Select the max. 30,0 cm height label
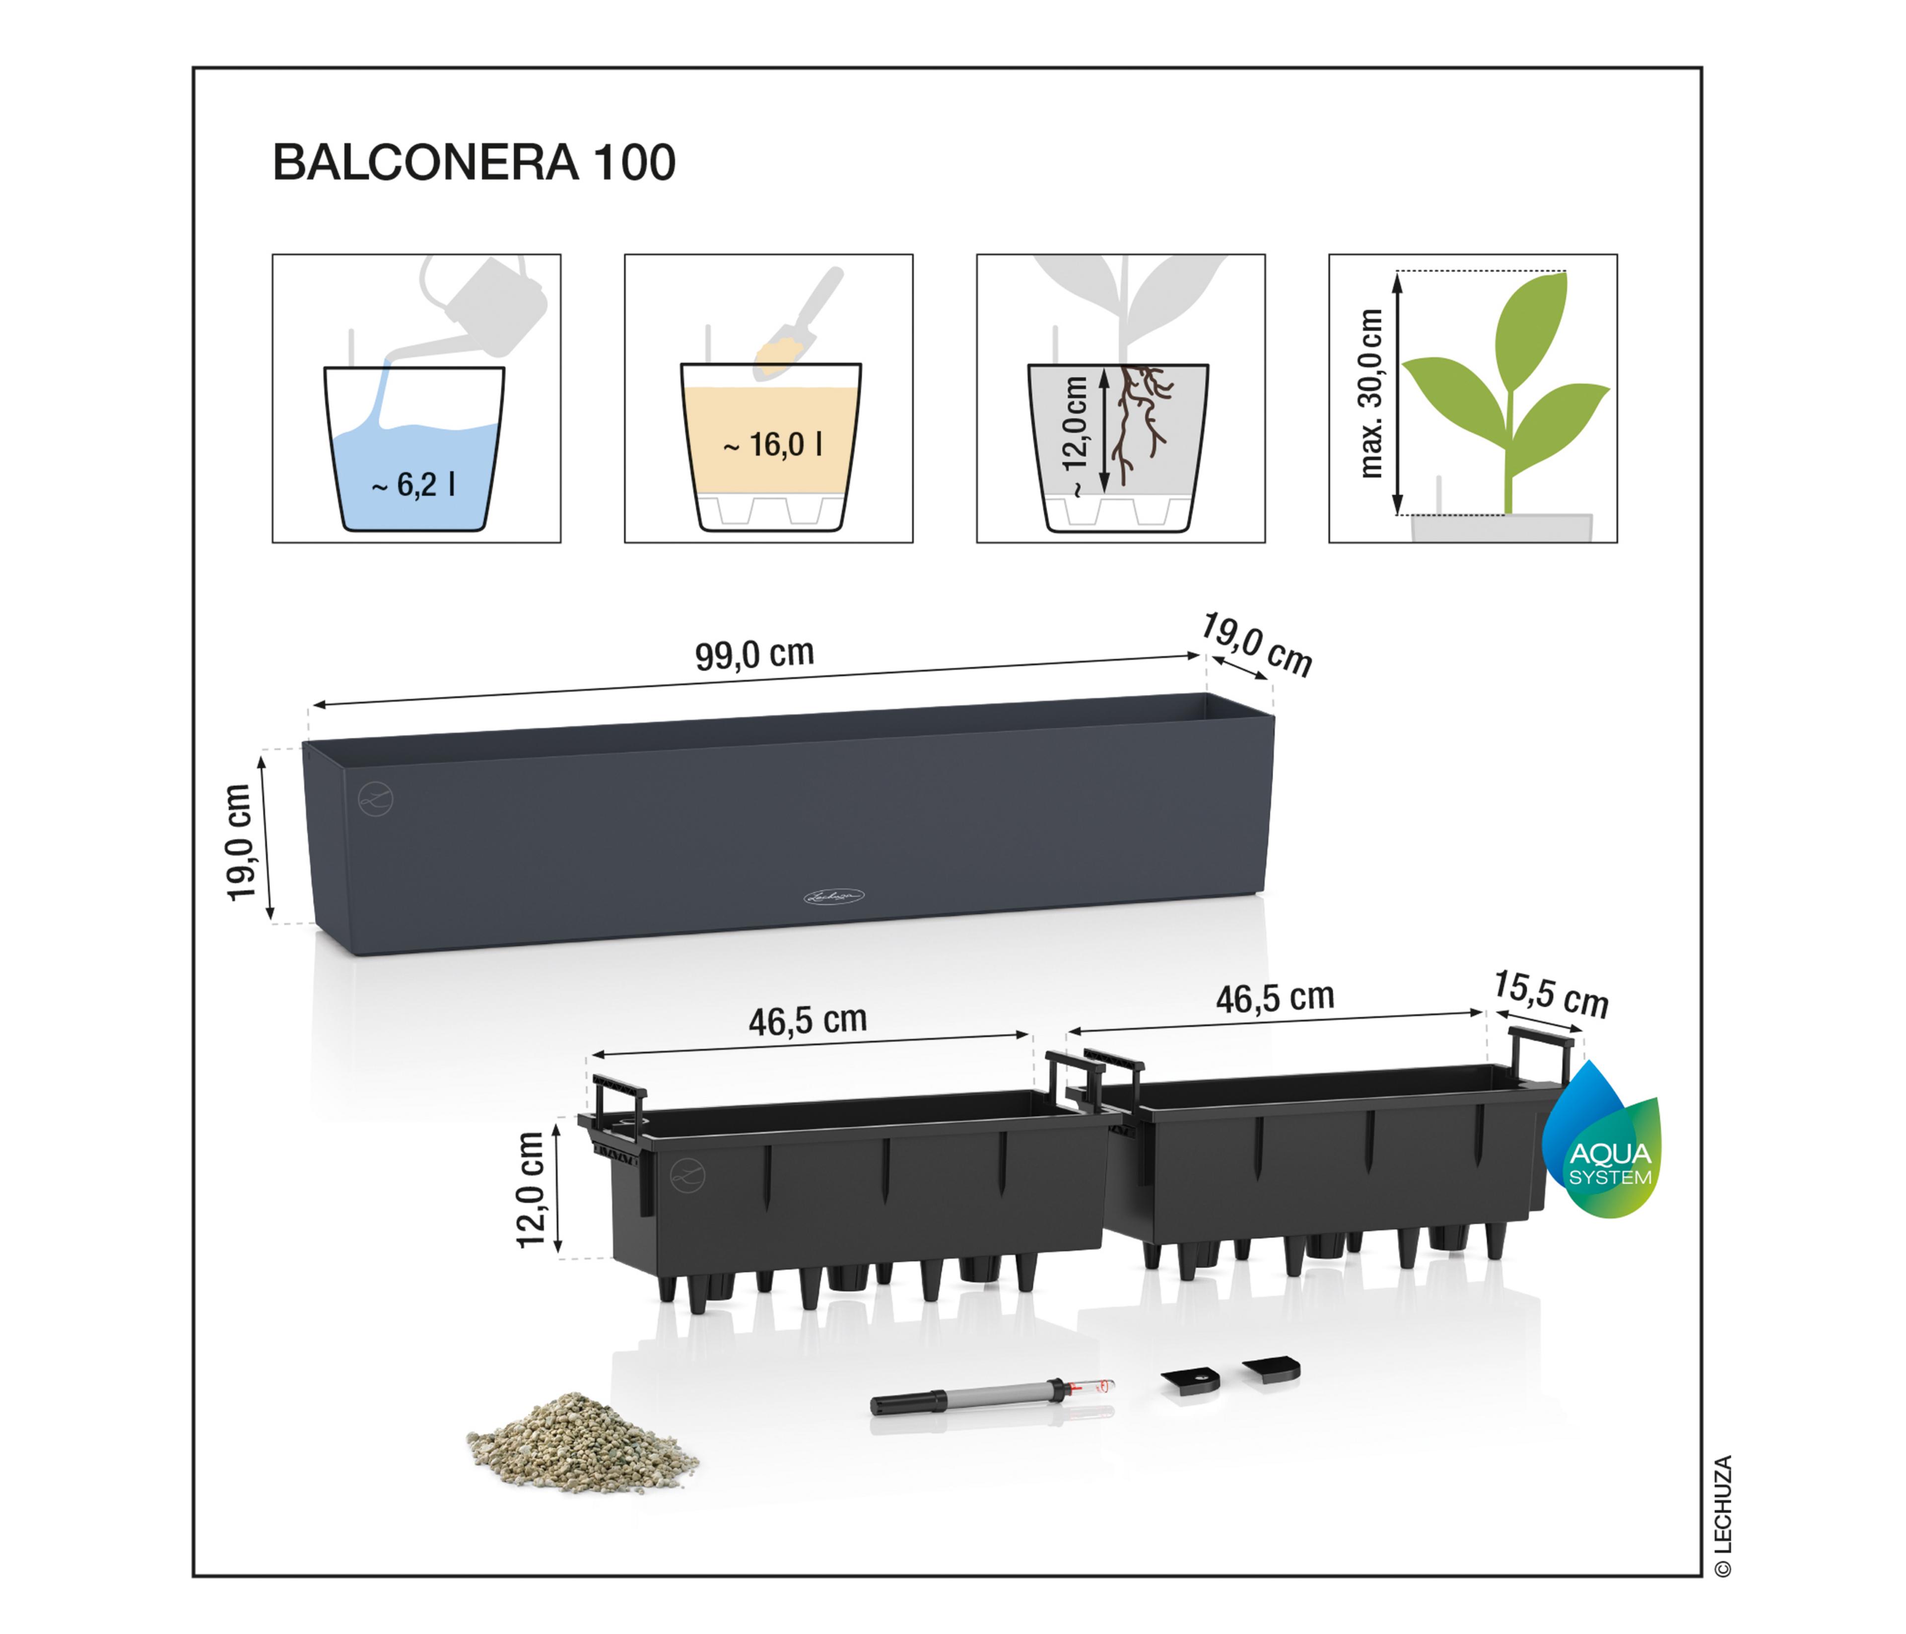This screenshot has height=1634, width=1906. pos(1370,394)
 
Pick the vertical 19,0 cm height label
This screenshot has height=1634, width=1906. pos(239,842)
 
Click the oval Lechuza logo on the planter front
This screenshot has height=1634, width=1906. pos(834,895)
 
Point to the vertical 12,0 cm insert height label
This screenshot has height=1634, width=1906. pos(532,1190)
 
